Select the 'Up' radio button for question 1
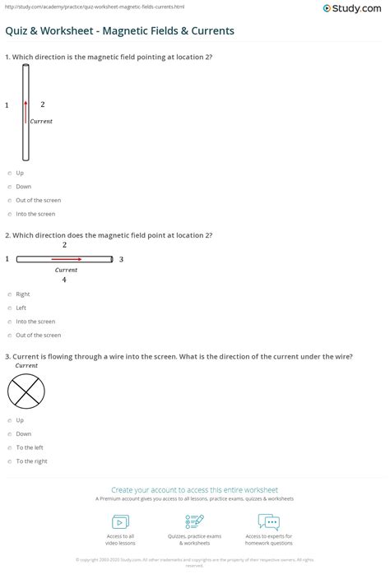point(9,174)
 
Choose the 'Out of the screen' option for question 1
point(9,201)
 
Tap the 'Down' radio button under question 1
point(9,187)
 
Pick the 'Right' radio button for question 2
point(9,294)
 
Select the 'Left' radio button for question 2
point(9,308)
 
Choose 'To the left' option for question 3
point(9,447)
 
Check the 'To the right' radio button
point(9,461)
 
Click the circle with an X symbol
point(26,391)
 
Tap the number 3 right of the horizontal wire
point(121,260)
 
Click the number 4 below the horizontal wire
point(64,280)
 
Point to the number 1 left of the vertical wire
point(7,105)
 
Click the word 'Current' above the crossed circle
point(26,365)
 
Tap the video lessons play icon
point(120,521)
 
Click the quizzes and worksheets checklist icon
point(195,521)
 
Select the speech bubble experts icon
point(268,521)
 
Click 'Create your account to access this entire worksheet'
point(195,489)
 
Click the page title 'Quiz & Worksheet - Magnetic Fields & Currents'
point(120,30)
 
